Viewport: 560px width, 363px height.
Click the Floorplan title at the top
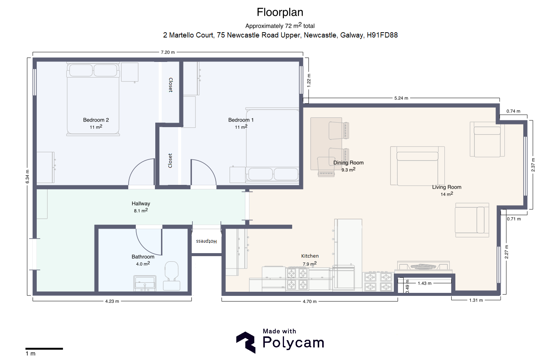point(280,12)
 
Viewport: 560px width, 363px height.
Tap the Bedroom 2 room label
point(96,120)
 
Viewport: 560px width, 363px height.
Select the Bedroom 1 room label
point(241,120)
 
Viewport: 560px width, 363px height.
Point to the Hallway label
point(141,204)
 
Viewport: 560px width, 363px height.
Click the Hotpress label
point(206,241)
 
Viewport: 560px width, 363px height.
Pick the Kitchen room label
point(310,256)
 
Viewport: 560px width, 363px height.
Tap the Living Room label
point(447,187)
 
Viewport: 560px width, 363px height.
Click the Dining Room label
point(348,163)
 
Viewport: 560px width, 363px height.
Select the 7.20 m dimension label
point(168,52)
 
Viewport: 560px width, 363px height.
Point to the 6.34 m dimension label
point(27,177)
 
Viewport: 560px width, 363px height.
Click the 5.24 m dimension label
point(401,98)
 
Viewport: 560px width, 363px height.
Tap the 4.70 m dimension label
point(309,301)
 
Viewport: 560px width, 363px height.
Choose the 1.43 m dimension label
point(425,283)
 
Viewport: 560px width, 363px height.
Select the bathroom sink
point(145,283)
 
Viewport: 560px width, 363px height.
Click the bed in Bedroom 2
point(93,99)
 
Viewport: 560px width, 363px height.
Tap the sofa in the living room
point(417,166)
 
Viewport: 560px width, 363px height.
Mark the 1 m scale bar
point(44,349)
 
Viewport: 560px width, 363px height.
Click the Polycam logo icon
point(246,342)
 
